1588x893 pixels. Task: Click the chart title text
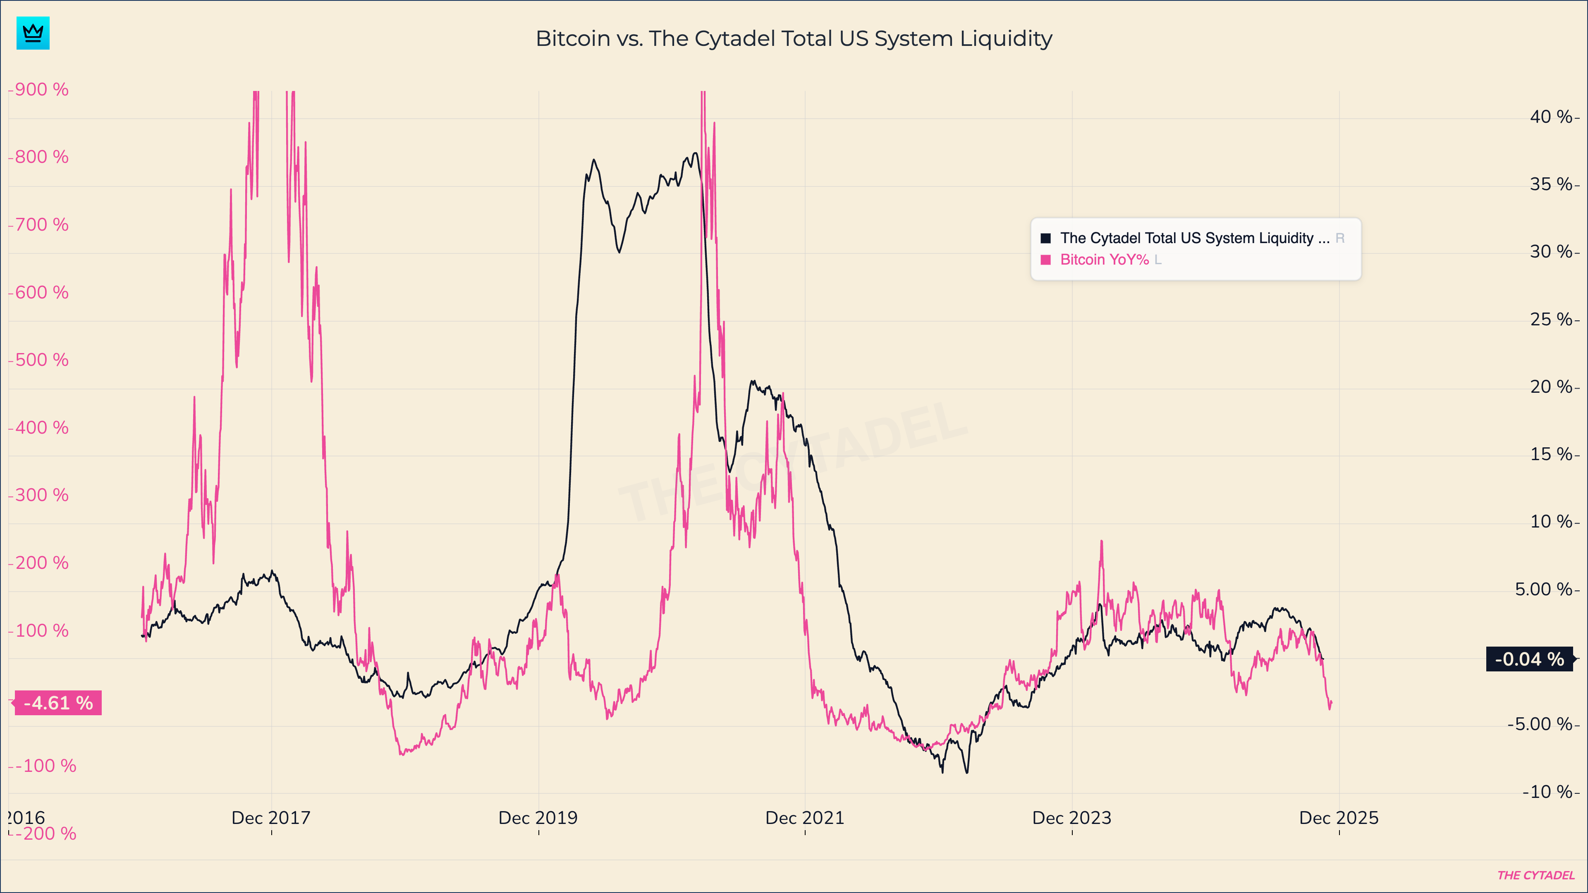pyautogui.click(x=794, y=38)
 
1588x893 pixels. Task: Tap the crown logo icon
pyautogui.click(x=33, y=33)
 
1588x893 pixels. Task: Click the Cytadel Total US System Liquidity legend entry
pyautogui.click(x=1194, y=238)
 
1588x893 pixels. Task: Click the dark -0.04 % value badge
pyautogui.click(x=1529, y=659)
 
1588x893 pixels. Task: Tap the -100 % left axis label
pyautogui.click(x=45, y=765)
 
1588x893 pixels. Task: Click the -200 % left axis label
pyautogui.click(x=45, y=833)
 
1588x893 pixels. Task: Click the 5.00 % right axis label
pyautogui.click(x=1543, y=589)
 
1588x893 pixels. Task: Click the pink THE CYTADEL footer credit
pyautogui.click(x=1535, y=875)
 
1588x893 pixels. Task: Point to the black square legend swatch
pyautogui.click(x=1045, y=238)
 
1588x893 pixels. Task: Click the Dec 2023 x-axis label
pyautogui.click(x=1071, y=818)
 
